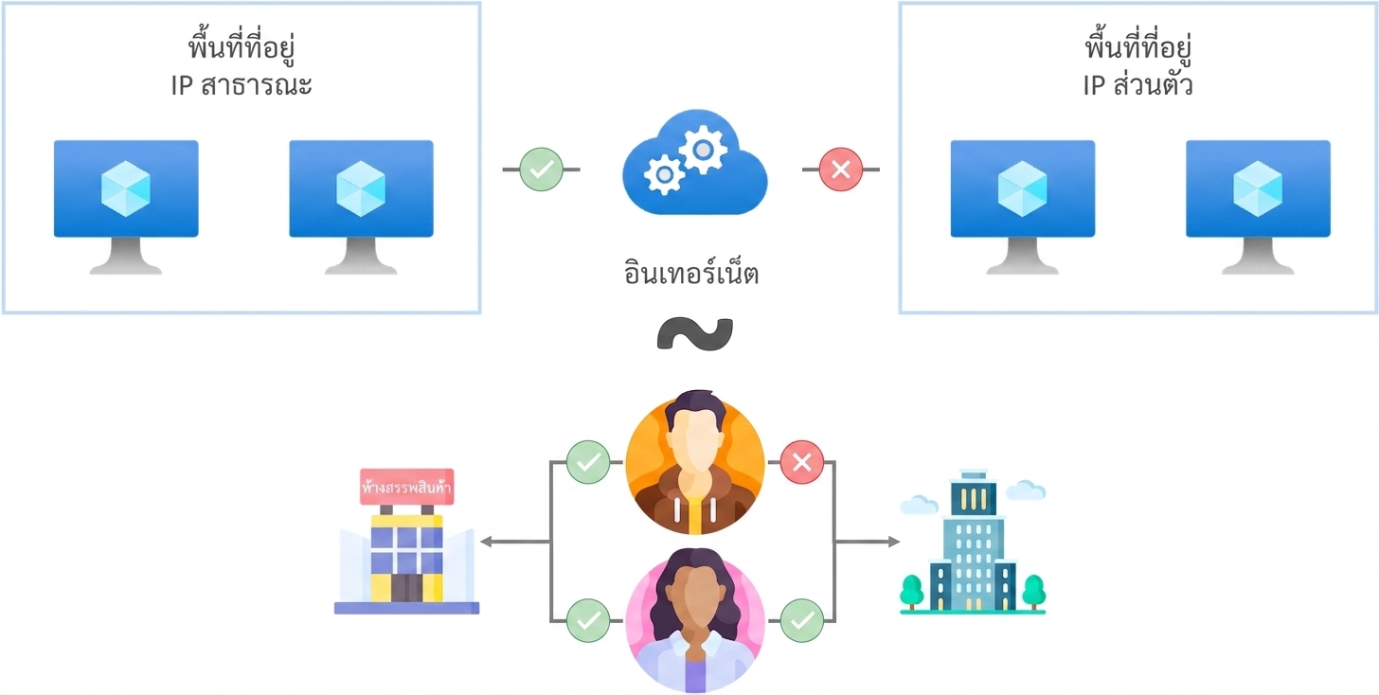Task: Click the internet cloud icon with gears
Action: [x=695, y=163]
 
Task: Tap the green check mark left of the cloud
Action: [x=541, y=169]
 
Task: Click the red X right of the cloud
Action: [x=840, y=169]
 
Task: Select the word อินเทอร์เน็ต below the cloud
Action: [x=690, y=273]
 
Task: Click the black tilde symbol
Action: [x=695, y=333]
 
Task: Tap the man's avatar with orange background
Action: [x=695, y=463]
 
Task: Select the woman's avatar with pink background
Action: [x=695, y=620]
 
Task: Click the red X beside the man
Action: [x=801, y=462]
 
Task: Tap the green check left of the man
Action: [x=588, y=462]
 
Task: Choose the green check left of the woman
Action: [x=588, y=620]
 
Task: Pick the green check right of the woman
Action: [x=801, y=620]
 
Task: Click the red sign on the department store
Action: [x=407, y=487]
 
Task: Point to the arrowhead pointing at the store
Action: [x=487, y=542]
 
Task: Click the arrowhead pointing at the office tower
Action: [x=893, y=542]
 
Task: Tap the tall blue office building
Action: [x=973, y=542]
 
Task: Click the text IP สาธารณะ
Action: [x=242, y=85]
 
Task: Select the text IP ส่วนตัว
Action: [x=1137, y=85]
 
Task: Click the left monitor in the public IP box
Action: [x=126, y=206]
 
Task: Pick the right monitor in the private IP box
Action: [x=1258, y=206]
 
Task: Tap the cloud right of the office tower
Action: [x=1026, y=490]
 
